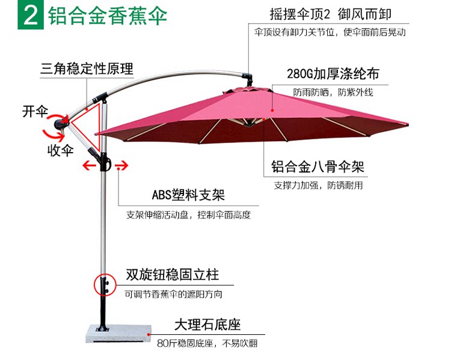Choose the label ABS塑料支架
click(188, 196)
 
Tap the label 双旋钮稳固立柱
click(172, 276)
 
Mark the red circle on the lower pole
click(104, 284)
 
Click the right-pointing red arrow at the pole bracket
click(122, 166)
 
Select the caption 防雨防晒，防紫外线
click(333, 93)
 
